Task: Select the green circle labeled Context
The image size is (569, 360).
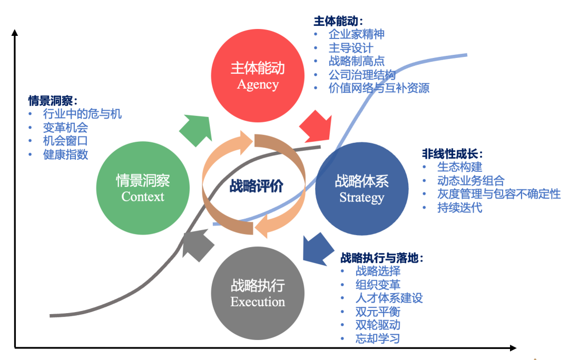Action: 143,188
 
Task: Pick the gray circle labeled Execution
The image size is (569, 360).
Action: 258,293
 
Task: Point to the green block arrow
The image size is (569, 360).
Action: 195,129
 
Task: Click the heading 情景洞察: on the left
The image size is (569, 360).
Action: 53,100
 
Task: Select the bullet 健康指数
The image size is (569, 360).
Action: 65,154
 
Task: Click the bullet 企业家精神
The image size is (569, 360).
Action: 356,34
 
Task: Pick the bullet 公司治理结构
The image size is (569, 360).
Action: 361,74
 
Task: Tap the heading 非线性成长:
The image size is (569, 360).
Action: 453,154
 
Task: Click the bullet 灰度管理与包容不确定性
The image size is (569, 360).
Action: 498,194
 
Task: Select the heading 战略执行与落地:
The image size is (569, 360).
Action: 382,258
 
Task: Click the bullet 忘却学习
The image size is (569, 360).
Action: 378,339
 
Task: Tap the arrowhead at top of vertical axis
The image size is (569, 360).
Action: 15,33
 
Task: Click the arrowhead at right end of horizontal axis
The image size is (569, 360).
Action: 512,348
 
